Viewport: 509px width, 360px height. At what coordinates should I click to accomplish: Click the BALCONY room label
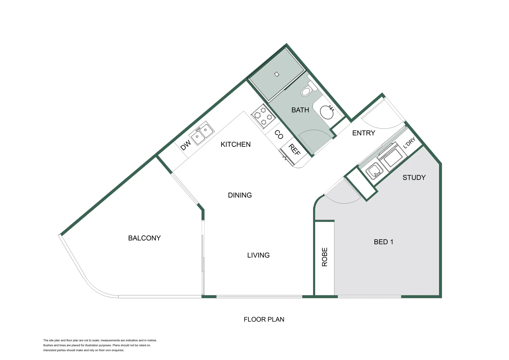(x=144, y=238)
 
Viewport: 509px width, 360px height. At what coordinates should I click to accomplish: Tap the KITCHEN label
(x=236, y=144)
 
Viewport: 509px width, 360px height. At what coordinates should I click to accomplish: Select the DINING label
(x=240, y=195)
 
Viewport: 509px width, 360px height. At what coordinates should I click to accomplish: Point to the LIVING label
(x=258, y=255)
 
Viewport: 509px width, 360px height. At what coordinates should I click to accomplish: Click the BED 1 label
(x=383, y=242)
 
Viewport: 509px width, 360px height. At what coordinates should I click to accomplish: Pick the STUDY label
(x=414, y=177)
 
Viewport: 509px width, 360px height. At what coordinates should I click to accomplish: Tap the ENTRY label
(x=363, y=133)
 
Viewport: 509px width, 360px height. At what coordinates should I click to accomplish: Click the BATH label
(x=300, y=110)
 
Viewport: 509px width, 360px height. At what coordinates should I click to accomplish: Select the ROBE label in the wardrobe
(x=324, y=257)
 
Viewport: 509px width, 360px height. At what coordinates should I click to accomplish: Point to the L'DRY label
(x=409, y=143)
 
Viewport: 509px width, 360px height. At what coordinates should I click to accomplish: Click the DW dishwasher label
(x=186, y=145)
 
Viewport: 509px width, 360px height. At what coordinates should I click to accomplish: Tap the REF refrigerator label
(x=294, y=150)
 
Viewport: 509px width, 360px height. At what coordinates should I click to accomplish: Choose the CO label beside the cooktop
(x=279, y=134)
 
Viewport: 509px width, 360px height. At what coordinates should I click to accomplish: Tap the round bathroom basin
(x=327, y=112)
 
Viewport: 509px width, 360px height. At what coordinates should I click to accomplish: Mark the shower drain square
(x=276, y=74)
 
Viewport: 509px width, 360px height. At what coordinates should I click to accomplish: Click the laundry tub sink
(x=373, y=171)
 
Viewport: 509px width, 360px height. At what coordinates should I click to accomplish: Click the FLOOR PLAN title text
(x=264, y=319)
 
